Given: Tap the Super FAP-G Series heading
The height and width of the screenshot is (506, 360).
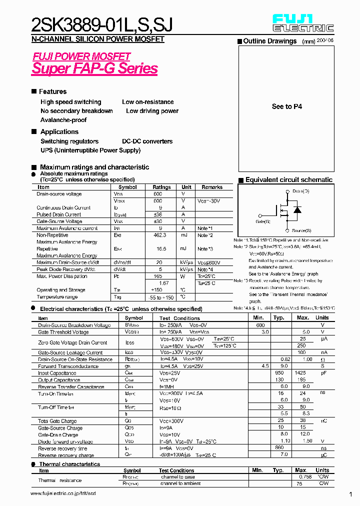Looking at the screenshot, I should pyautogui.click(x=94, y=68).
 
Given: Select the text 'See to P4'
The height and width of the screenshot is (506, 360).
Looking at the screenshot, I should pyautogui.click(x=286, y=106).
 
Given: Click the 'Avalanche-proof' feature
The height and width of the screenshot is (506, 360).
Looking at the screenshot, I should pyautogui.click(x=63, y=120).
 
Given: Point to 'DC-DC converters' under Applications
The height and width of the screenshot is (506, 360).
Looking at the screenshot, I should pyautogui.click(x=147, y=141).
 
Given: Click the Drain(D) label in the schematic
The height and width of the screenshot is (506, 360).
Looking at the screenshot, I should pyautogui.click(x=301, y=191).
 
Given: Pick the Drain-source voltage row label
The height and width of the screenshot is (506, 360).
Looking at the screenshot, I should pyautogui.click(x=59, y=194).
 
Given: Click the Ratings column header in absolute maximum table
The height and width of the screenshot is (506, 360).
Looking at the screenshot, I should pyautogui.click(x=161, y=187).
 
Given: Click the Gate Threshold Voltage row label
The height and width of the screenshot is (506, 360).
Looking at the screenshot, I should pyautogui.click(x=64, y=332).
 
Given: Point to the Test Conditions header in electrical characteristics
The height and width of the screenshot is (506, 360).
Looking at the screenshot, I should pyautogui.click(x=179, y=318).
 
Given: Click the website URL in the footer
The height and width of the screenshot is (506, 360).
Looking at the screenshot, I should pyautogui.click(x=62, y=493).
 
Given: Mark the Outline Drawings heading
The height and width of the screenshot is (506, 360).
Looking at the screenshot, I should pyautogui.click(x=269, y=41).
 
